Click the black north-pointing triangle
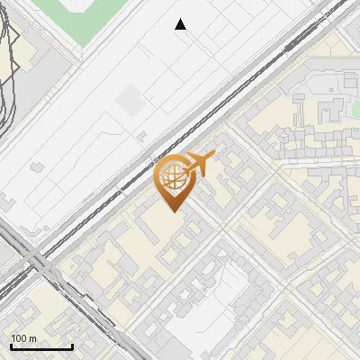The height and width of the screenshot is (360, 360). coord(181,24)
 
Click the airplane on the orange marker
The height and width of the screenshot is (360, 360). coord(200,164)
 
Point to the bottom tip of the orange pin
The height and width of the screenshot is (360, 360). coord(171,211)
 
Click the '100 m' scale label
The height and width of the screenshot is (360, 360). coord(23,338)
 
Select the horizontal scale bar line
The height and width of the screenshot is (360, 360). coord(41,346)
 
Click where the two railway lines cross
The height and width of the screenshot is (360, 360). coord(36,263)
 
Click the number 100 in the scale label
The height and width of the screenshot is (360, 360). coord(19,338)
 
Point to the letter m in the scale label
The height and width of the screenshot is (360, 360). coord(32,338)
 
